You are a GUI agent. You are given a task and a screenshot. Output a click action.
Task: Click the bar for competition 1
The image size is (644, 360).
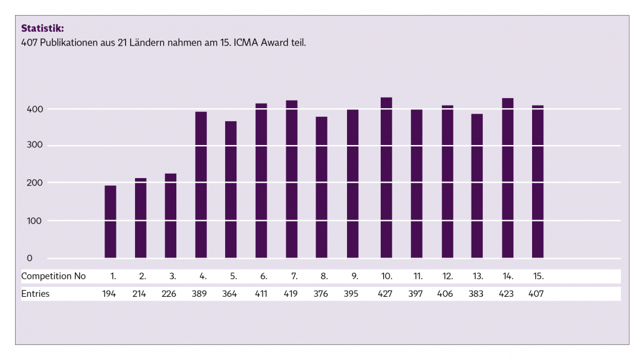[x=110, y=221]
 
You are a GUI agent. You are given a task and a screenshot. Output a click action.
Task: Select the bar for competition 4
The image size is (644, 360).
[x=201, y=184]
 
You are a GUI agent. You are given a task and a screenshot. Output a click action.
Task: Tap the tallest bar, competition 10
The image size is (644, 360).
[x=386, y=177]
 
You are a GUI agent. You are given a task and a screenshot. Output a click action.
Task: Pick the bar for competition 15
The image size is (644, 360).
[x=538, y=181]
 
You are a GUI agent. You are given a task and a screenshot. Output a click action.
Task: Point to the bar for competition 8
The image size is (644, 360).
[x=321, y=187]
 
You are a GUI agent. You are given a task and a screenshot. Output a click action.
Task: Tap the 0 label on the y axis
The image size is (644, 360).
[x=29, y=258]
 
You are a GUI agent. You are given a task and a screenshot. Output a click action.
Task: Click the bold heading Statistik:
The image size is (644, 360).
[x=43, y=28]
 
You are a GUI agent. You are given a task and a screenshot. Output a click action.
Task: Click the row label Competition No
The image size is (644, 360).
[x=54, y=276]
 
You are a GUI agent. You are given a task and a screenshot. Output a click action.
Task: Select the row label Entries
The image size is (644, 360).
[x=35, y=294]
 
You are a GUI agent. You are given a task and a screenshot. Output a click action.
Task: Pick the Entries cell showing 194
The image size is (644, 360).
[x=110, y=294]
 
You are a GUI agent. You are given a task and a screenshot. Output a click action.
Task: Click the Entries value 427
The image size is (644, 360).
[x=386, y=294]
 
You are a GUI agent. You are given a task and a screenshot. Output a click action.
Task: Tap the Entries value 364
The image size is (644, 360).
[x=231, y=294]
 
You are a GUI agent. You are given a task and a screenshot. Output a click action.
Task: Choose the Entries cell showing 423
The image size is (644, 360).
[x=507, y=294]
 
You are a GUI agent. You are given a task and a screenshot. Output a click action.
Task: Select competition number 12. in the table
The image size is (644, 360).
[x=447, y=276]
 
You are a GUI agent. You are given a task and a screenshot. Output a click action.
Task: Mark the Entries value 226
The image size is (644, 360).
[x=170, y=294]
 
